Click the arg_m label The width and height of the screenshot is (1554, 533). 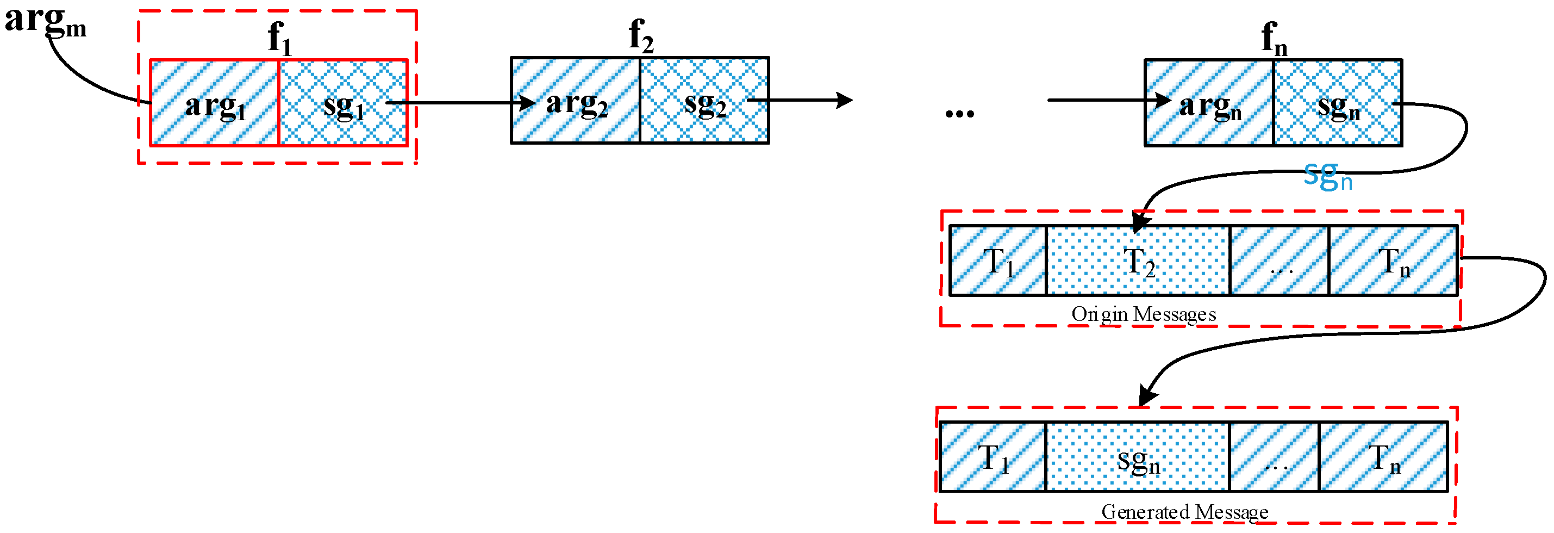coord(45,22)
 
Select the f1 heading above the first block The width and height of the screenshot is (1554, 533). coord(279,38)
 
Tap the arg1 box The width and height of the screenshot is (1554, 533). coord(215,103)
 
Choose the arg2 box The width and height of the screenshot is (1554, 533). coord(576,101)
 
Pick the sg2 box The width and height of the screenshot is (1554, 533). coord(704,101)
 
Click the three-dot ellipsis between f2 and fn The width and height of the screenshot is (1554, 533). coord(960,113)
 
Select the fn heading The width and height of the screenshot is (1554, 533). coord(1274,38)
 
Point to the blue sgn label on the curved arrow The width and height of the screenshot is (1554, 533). coord(1327,176)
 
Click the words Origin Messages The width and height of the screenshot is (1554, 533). coord(1143,314)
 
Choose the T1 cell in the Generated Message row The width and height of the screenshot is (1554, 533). coord(993,457)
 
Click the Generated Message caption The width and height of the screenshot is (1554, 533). coord(1185,512)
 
